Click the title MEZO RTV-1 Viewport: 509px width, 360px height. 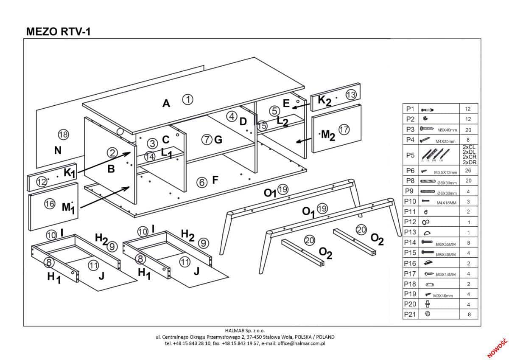58,31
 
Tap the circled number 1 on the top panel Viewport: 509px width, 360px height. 188,99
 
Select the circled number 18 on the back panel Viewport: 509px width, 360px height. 63,135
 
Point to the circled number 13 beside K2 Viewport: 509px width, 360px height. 351,95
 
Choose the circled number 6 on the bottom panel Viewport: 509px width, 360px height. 202,182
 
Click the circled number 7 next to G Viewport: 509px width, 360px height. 207,139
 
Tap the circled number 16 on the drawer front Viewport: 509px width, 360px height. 50,204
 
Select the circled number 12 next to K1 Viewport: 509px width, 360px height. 41,182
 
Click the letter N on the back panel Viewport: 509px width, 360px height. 58,150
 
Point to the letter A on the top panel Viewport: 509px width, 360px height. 166,103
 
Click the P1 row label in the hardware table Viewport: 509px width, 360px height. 410,109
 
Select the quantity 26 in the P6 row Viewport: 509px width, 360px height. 468,171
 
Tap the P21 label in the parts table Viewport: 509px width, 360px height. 410,314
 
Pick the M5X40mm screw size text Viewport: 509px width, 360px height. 446,130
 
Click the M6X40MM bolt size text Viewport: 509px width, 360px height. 446,255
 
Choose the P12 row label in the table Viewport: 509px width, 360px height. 410,222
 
